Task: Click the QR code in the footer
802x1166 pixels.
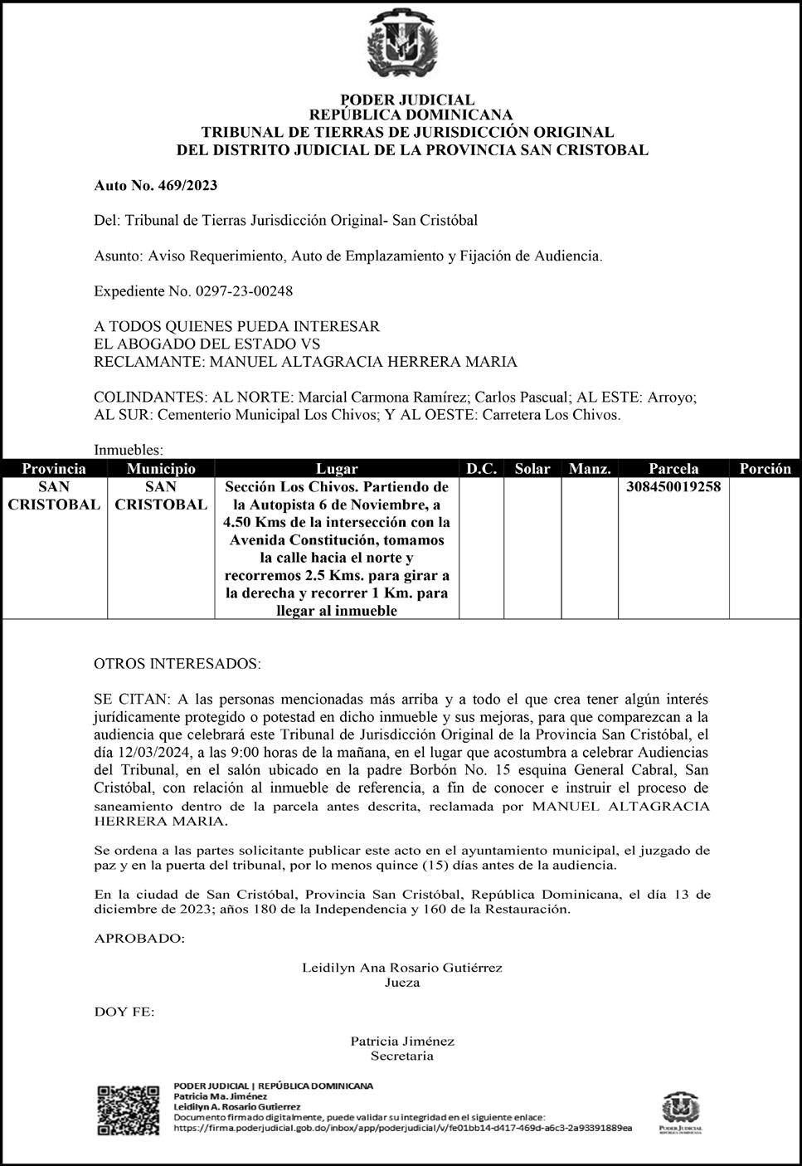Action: pyautogui.click(x=129, y=1110)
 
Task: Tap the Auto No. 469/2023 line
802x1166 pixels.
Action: pyautogui.click(x=156, y=185)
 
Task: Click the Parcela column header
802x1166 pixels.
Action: pyautogui.click(x=673, y=469)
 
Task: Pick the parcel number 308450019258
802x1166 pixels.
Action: pyautogui.click(x=673, y=487)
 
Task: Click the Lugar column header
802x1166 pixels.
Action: pyautogui.click(x=337, y=469)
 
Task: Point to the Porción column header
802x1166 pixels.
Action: pyautogui.click(x=765, y=469)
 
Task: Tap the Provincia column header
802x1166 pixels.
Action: pyautogui.click(x=54, y=469)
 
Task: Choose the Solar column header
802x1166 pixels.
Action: pyautogui.click(x=532, y=469)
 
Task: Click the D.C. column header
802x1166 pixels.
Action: pyautogui.click(x=481, y=469)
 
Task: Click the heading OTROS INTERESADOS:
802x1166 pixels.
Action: pyautogui.click(x=177, y=665)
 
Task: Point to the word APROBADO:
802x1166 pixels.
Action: pyautogui.click(x=139, y=939)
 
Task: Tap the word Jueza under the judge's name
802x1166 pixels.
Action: pyautogui.click(x=402, y=983)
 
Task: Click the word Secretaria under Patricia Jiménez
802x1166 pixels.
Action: pyautogui.click(x=402, y=1056)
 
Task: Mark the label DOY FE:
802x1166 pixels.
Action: pyautogui.click(x=124, y=1012)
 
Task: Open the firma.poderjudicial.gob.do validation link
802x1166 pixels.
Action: pyautogui.click(x=402, y=1128)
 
